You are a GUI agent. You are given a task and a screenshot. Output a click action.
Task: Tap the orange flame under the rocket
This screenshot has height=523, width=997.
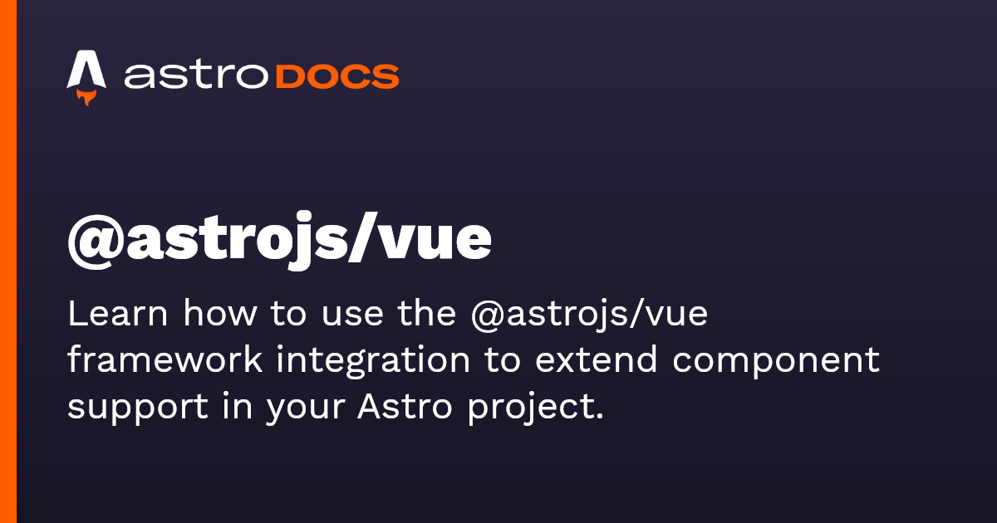(86, 97)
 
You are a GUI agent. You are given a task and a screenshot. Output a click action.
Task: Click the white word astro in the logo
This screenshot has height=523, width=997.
(196, 76)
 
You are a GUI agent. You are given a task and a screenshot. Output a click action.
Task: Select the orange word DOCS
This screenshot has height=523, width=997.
(337, 76)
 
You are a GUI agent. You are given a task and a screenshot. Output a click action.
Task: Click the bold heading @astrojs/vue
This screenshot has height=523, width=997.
(279, 241)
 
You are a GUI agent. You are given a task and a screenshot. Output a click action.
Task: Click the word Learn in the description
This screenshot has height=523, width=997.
(117, 314)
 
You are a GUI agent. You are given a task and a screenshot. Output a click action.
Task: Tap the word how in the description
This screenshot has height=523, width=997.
(220, 314)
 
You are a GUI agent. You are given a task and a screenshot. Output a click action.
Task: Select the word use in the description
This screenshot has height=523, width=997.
(352, 317)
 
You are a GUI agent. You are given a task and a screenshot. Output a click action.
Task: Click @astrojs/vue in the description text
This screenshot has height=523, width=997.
(589, 315)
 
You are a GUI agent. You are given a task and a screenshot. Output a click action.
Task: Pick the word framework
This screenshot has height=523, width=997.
(165, 359)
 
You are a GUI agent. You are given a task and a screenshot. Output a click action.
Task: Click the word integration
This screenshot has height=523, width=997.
(373, 361)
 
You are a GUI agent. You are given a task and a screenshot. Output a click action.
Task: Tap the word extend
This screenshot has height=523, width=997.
(596, 359)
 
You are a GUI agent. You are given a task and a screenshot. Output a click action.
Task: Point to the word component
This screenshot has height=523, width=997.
(776, 363)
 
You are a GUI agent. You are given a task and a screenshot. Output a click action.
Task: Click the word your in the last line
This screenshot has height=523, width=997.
(307, 410)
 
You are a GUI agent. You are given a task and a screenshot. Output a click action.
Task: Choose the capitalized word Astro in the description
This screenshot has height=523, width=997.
(405, 406)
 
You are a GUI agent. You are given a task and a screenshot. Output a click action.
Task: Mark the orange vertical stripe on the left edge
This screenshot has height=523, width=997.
(8, 261)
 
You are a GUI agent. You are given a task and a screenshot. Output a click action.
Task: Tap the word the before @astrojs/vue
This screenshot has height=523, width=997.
(427, 314)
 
